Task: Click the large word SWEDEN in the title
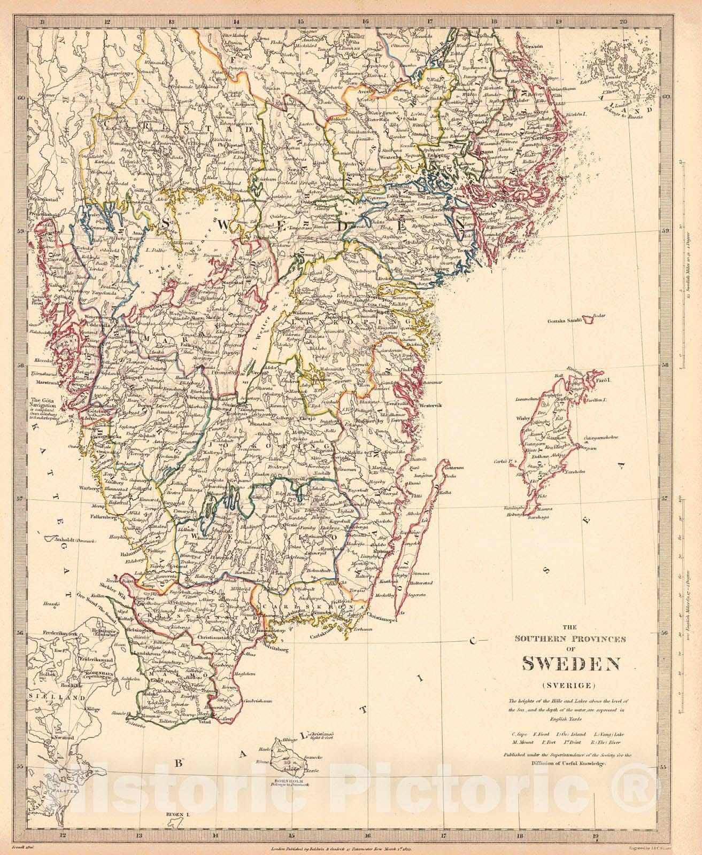tap(570, 663)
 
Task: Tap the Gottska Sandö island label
tap(567, 321)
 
